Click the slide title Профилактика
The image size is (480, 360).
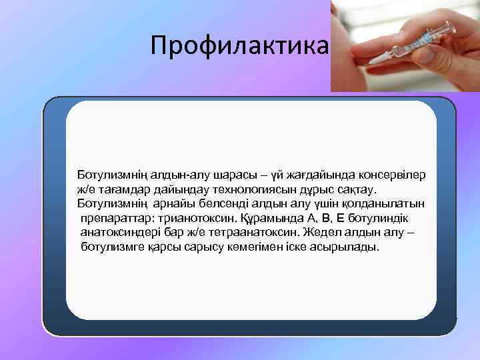pos(239,45)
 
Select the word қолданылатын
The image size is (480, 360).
pos(389,204)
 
